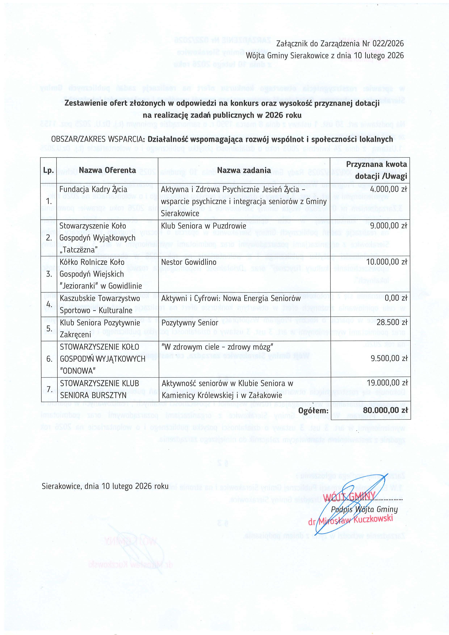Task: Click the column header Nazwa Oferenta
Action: coord(107,170)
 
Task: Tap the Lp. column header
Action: coord(49,170)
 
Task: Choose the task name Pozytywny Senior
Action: coord(190,323)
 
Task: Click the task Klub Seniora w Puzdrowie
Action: coord(204,226)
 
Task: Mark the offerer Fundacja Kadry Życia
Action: coord(93,190)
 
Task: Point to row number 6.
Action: coord(49,359)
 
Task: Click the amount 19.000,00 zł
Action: coord(387,383)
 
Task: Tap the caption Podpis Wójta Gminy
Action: coord(364,509)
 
